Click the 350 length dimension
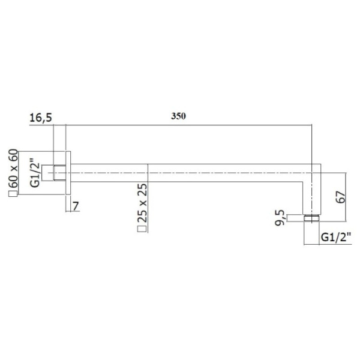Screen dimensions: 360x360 pyautogui.click(x=178, y=116)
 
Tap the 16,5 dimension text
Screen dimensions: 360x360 pyautogui.click(x=41, y=118)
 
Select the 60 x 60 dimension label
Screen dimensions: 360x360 pyautogui.click(x=13, y=168)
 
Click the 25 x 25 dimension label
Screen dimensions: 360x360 pyautogui.click(x=142, y=203)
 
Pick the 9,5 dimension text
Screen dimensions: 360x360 pyautogui.click(x=280, y=218)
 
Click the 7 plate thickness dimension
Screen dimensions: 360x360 pyautogui.click(x=76, y=206)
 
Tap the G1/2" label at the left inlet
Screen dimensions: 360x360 pyautogui.click(x=35, y=173)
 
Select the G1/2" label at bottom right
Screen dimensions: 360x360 pyautogui.click(x=336, y=237)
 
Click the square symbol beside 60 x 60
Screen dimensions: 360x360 pyautogui.click(x=13, y=194)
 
